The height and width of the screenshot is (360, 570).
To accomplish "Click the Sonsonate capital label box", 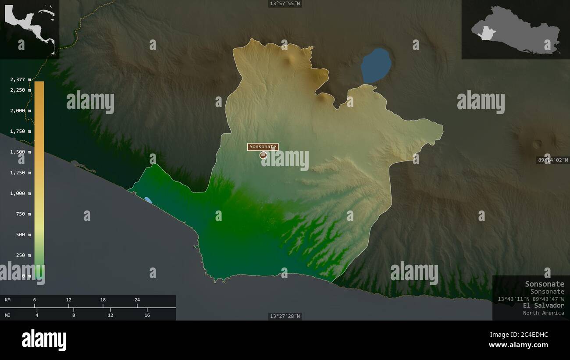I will [x=263, y=147].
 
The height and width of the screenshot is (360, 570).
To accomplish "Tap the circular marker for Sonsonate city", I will [x=263, y=155].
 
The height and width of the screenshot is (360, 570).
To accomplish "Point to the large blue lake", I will [x=376, y=65].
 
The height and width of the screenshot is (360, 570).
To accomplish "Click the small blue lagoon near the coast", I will [x=148, y=200].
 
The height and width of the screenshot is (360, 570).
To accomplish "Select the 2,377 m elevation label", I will [x=21, y=79].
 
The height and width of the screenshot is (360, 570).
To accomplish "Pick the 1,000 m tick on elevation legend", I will [x=21, y=193].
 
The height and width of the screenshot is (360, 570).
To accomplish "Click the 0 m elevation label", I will [x=27, y=276].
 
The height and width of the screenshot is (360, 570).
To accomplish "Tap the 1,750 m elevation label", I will [x=21, y=131].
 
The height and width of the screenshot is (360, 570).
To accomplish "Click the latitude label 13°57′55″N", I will [x=285, y=4].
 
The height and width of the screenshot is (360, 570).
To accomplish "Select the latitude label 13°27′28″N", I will [x=285, y=316].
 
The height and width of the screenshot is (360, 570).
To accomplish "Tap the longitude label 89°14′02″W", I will [x=553, y=160].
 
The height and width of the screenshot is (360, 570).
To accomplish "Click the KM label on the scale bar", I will [x=8, y=300].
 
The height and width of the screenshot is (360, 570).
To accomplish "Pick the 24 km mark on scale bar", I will [x=137, y=300].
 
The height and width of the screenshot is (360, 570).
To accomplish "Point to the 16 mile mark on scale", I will [x=147, y=315].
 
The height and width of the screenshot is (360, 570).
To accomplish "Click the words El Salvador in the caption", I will [x=543, y=305].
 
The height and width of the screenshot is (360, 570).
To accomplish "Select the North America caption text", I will [x=543, y=313].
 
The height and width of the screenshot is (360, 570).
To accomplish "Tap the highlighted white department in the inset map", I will [x=486, y=33].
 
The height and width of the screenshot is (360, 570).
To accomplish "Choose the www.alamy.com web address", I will [x=518, y=345].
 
